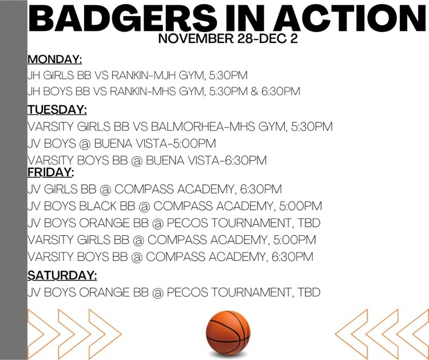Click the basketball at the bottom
pyautogui.click(x=228, y=333)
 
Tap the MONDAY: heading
pyautogui.click(x=55, y=60)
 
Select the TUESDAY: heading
pyautogui.click(x=57, y=110)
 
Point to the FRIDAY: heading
pyautogui.click(x=51, y=172)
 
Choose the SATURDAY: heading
pyautogui.click(x=62, y=275)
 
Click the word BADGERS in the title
pyautogui.click(x=123, y=18)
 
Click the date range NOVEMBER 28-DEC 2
pyautogui.click(x=228, y=38)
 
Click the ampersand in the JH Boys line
pyautogui.click(x=254, y=91)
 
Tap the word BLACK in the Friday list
pyautogui.click(x=98, y=206)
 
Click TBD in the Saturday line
pyautogui.click(x=309, y=292)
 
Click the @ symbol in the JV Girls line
pyautogui.click(x=105, y=189)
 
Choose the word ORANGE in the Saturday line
pyautogui.click(x=104, y=292)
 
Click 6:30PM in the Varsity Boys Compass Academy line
pyautogui.click(x=292, y=257)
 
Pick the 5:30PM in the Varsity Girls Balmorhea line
pyautogui.click(x=312, y=126)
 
